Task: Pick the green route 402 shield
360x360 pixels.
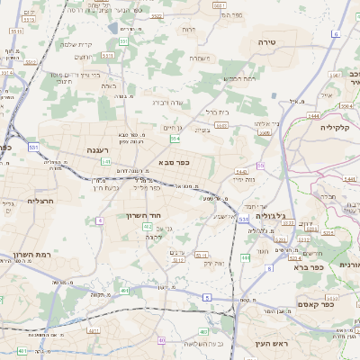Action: coord(148,228)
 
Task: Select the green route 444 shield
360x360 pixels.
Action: coord(244,258)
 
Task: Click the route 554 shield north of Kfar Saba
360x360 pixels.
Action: coord(175,139)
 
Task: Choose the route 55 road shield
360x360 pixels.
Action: coord(260,166)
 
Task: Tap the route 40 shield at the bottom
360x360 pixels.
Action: coord(161,340)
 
